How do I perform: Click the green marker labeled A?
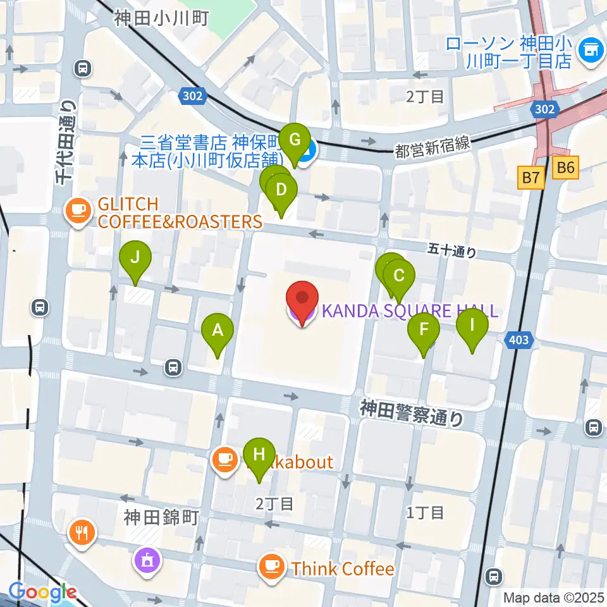click(x=218, y=330)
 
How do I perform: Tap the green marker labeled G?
click(x=294, y=138)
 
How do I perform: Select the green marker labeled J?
click(x=135, y=257)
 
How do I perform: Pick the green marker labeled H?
click(x=259, y=454)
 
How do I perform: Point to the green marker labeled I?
click(x=472, y=326)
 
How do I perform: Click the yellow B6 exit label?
click(x=566, y=168)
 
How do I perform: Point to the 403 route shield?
click(x=518, y=341)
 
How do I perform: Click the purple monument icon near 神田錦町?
click(x=147, y=559)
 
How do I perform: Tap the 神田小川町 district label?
click(x=161, y=18)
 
